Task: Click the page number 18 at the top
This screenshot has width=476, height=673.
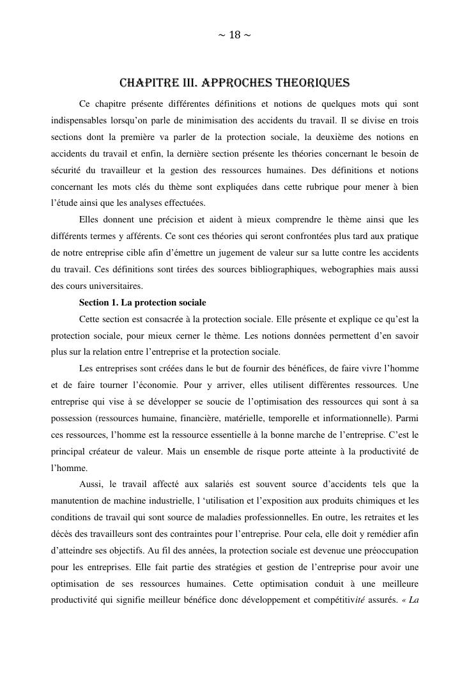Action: click(234, 35)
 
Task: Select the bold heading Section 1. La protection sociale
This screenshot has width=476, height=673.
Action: click(142, 302)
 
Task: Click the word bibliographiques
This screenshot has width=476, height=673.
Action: click(237, 269)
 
